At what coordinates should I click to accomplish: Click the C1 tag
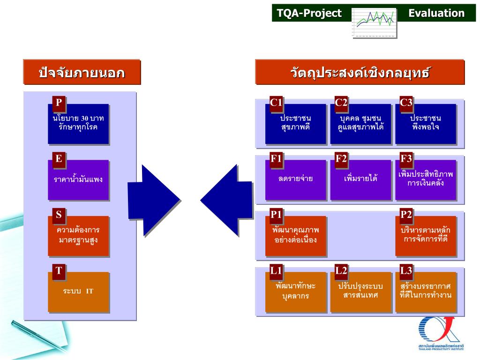[276, 103]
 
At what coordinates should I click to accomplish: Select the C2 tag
[341, 103]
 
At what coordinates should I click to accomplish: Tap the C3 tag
[406, 103]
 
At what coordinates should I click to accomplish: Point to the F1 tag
[276, 159]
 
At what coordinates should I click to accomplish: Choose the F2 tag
[341, 159]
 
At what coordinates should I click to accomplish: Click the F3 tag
[406, 159]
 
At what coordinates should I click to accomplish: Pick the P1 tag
[276, 215]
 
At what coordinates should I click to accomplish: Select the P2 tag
[406, 215]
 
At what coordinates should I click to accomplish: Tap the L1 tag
[276, 270]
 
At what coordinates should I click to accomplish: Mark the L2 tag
[341, 270]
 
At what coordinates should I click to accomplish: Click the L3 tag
[406, 270]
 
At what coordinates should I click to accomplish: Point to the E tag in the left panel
[59, 159]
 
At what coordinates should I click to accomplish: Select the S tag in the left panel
[59, 215]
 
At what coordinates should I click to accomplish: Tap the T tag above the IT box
[59, 270]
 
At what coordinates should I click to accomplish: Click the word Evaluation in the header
[436, 13]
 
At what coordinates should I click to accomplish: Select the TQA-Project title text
[309, 13]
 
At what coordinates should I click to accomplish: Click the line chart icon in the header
[374, 22]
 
